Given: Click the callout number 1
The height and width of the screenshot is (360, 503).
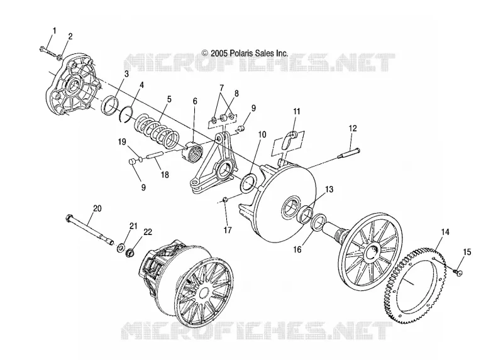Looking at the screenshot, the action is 54,31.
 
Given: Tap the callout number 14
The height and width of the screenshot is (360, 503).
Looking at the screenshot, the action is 445,232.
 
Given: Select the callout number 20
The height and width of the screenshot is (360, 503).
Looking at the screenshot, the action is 97,209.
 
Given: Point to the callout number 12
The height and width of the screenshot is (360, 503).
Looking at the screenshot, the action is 353,129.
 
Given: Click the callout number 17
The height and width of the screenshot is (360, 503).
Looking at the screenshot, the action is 228,230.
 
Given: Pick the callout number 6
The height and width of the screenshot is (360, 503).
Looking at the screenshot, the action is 195,101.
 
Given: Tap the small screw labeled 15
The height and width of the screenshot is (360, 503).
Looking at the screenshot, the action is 458,272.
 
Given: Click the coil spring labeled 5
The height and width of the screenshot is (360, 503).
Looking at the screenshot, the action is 157,128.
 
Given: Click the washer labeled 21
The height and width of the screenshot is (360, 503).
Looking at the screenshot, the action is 121,247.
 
